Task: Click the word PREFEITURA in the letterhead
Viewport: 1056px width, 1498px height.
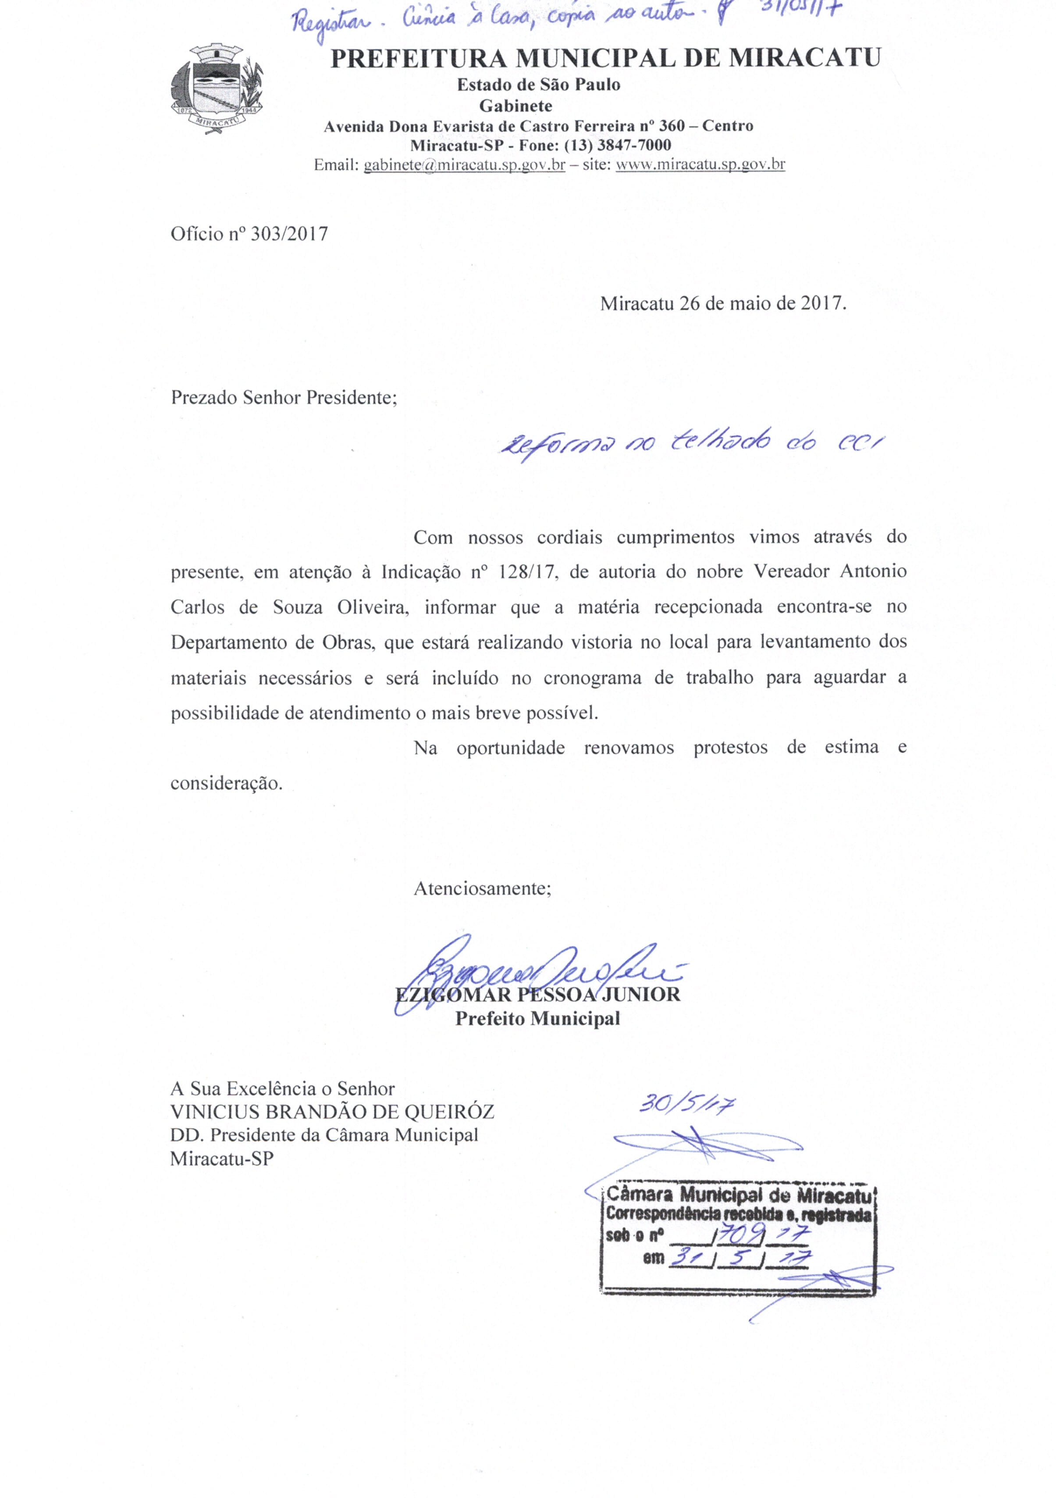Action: (x=419, y=59)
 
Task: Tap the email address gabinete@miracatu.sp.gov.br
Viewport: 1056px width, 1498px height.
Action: (x=464, y=165)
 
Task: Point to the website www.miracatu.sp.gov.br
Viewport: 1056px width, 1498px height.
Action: (x=700, y=165)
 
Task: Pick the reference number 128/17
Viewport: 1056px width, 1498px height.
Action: (x=526, y=571)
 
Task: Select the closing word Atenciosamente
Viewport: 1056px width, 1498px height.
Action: (x=481, y=888)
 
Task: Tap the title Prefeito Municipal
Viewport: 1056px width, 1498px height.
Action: (x=537, y=1018)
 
